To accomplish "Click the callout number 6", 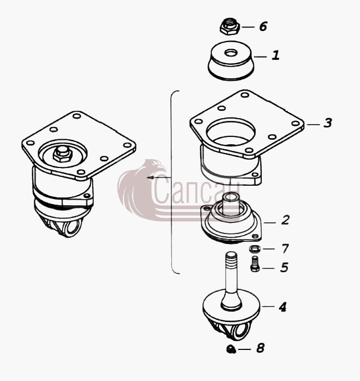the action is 263,26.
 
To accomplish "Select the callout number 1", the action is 276,55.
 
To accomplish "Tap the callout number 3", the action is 327,123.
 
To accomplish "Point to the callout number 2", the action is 285,220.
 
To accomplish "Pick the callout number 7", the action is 285,248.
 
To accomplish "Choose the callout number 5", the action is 284,267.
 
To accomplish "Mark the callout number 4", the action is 282,307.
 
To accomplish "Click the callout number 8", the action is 260,348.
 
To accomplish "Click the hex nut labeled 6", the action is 230,27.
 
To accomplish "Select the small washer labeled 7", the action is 255,249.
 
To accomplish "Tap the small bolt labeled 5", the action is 255,263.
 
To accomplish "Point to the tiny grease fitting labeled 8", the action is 231,349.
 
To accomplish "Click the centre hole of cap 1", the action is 230,53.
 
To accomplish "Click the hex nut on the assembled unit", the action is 63,154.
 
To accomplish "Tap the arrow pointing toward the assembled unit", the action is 159,177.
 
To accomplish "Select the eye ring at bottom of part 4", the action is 241,331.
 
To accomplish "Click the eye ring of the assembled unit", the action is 73,228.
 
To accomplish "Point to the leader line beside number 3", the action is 313,124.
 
